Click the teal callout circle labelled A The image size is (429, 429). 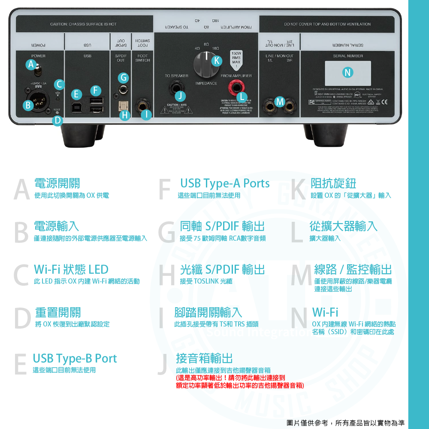[30, 64]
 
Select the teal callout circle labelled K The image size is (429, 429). [217, 61]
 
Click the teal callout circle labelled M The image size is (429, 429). [280, 102]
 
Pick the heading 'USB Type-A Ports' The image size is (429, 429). [225, 184]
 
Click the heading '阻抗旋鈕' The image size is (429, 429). [333, 184]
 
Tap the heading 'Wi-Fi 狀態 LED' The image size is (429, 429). [71, 269]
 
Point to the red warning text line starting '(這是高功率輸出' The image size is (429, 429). [230, 378]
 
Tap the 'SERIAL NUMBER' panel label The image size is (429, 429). [348, 56]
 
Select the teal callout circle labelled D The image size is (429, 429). [58, 121]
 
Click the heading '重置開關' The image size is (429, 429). [58, 312]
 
